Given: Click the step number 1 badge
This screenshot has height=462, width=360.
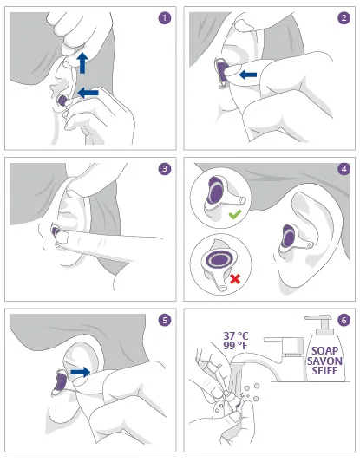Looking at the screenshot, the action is pos(165,18).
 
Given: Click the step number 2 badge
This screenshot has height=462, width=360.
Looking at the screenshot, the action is pos(344,18).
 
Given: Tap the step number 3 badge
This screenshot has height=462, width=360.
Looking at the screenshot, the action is pos(165,169).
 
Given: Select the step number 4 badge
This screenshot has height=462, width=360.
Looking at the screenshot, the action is pos(344,169).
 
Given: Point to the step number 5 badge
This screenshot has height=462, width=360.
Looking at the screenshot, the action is pos(165,320).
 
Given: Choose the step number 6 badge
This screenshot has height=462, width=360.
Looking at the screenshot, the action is pos(344,320).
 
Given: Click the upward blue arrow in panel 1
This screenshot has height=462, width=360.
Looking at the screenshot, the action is pos(82,63).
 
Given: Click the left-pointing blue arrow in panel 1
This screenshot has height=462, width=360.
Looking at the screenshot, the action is pos(88,93).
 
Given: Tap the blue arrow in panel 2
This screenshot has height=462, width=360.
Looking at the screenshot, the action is pos(248,75).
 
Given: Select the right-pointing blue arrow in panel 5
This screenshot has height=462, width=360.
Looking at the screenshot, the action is pos(80,372).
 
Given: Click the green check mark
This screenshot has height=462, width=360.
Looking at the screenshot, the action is pos(235,214).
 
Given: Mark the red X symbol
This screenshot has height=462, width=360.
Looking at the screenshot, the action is pos(235,279).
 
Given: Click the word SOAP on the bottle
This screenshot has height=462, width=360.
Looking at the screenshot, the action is pos(324,351).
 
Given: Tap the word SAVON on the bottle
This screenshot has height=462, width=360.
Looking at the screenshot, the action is pos(324,361).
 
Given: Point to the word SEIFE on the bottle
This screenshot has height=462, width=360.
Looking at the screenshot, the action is pos(324,370).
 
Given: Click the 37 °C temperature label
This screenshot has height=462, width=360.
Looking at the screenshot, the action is pos(236,336).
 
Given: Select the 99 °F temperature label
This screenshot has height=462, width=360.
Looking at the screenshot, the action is pos(235,345).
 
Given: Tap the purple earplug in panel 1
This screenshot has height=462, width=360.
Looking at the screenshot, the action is pos(62,101).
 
